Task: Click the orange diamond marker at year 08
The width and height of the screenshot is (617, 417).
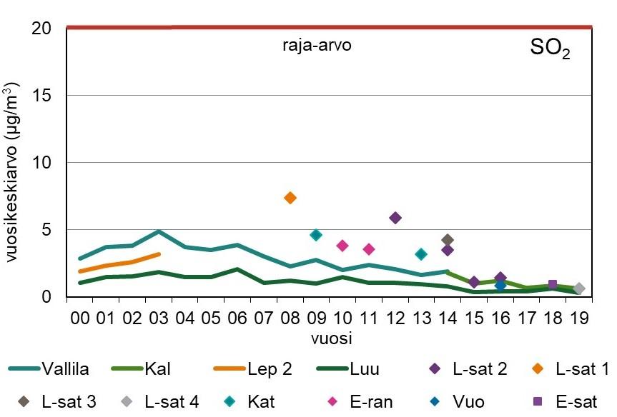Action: pyautogui.click(x=290, y=198)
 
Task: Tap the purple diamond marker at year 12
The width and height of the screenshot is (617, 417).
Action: pyautogui.click(x=395, y=218)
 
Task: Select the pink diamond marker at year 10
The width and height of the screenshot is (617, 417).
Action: pyautogui.click(x=342, y=246)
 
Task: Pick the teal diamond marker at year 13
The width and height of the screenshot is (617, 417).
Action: pyautogui.click(x=421, y=254)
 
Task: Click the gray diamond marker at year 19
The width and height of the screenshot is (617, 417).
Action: pyautogui.click(x=579, y=288)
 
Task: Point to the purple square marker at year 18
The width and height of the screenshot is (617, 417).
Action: pyautogui.click(x=552, y=284)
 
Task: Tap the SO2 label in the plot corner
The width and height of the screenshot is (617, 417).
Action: pyautogui.click(x=550, y=49)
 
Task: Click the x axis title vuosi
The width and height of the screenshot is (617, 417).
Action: pyautogui.click(x=330, y=336)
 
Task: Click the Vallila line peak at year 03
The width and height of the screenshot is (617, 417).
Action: pyautogui.click(x=159, y=231)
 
